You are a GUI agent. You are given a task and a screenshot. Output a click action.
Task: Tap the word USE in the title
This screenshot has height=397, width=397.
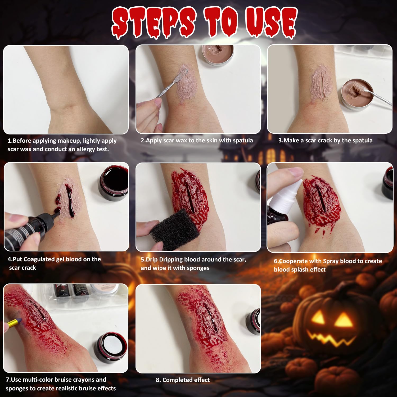pos(270,22)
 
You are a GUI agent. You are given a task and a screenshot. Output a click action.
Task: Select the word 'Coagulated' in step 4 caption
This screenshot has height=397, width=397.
pos(43,259)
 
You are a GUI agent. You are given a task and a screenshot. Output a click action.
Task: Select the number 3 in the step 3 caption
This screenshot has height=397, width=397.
pos(280,141)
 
